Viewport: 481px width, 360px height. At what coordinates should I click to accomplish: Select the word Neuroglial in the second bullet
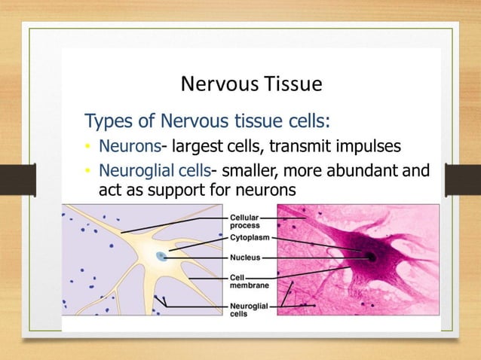tap(135, 171)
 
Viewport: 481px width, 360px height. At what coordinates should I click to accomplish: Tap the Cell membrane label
tap(246, 282)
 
